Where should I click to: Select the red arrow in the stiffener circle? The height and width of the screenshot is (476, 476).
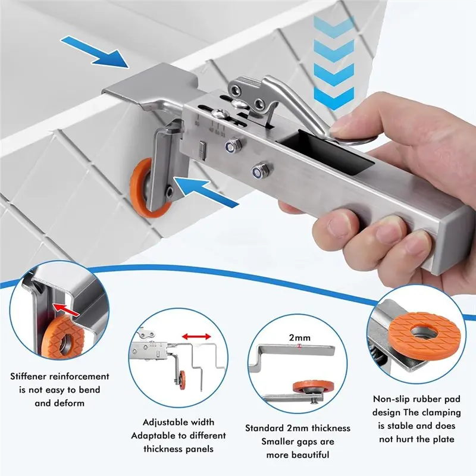66,309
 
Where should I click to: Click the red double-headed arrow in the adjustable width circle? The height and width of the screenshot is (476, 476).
196,336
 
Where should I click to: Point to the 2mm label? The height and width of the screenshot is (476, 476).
299,337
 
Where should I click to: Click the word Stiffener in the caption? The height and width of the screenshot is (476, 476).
28,377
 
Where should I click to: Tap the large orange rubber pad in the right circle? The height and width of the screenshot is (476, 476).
424,334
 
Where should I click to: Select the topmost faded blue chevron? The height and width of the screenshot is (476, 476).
334,26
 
